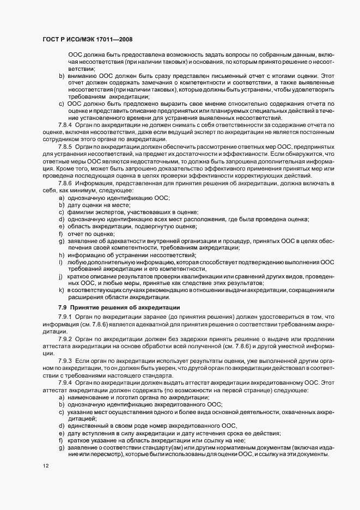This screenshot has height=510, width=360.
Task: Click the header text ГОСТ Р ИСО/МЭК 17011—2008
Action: click(87, 40)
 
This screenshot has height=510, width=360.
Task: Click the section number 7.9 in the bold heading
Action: click(63, 308)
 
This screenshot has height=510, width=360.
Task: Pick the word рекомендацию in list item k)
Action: click(163, 290)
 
